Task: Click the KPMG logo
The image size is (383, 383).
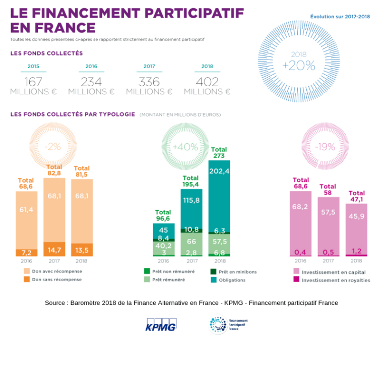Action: pos(161,325)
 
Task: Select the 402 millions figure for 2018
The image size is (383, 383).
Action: pos(207,82)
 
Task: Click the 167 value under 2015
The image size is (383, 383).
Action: pos(33,82)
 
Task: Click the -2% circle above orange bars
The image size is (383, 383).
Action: pos(53,147)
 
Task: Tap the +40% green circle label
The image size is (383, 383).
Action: pos(185,147)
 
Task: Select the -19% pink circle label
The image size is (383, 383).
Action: pos(325,147)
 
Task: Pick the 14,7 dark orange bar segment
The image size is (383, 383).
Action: pos(54,249)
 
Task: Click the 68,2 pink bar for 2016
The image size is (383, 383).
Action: pos(300,207)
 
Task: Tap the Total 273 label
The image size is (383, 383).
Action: pos(219,153)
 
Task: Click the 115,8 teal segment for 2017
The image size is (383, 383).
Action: pos(191,200)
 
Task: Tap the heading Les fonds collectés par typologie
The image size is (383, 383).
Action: pos(73,114)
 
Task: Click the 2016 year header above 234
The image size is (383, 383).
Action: pos(91,66)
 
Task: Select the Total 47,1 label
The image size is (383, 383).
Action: pos(356,196)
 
